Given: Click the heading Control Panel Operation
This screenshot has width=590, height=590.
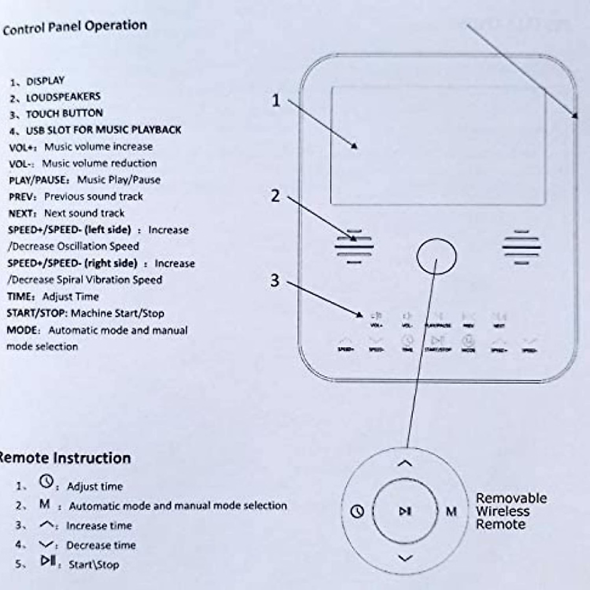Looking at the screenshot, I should pyautogui.click(x=75, y=27).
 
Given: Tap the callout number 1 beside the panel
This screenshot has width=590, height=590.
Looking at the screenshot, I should pyautogui.click(x=276, y=100).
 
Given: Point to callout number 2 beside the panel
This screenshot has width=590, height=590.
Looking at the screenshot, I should pyautogui.click(x=275, y=196).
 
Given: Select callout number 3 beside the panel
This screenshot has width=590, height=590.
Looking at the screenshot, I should pyautogui.click(x=275, y=280).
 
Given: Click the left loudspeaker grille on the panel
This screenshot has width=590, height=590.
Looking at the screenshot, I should pyautogui.click(x=354, y=246).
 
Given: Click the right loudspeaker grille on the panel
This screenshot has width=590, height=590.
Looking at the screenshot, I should pyautogui.click(x=521, y=246).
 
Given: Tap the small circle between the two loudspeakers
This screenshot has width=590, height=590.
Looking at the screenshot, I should pyautogui.click(x=437, y=256).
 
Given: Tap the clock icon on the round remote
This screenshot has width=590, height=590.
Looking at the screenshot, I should pyautogui.click(x=357, y=511).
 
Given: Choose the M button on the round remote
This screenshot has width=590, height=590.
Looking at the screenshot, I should pyautogui.click(x=451, y=511).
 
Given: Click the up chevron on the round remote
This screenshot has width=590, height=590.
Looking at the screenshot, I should pyautogui.click(x=405, y=464).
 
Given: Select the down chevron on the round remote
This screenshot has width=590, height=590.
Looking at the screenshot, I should pyautogui.click(x=405, y=558).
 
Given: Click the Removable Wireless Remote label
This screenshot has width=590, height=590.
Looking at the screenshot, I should pyautogui.click(x=510, y=511).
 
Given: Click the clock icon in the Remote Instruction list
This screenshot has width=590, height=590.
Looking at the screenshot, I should pyautogui.click(x=46, y=482).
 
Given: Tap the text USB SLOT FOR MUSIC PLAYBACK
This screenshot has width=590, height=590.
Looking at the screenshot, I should pyautogui.click(x=103, y=130).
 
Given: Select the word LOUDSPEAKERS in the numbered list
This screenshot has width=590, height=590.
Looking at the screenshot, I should pyautogui.click(x=63, y=97).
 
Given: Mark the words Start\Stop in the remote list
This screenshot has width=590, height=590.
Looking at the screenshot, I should pyautogui.click(x=93, y=564).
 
